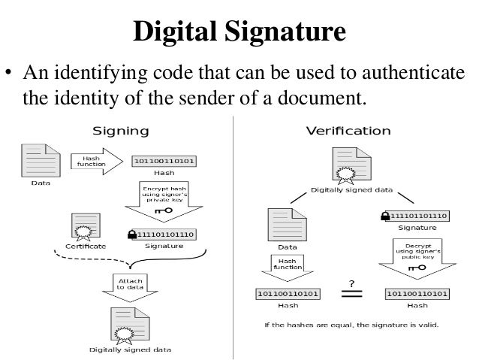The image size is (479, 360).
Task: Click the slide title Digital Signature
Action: pyautogui.click(x=239, y=33)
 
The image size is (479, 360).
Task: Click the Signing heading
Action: pyautogui.click(x=120, y=130)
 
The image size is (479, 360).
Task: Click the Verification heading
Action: pyautogui.click(x=348, y=130)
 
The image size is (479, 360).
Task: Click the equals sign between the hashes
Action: pyautogui.click(x=351, y=294)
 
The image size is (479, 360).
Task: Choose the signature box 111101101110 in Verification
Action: pyautogui.click(x=417, y=216)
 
